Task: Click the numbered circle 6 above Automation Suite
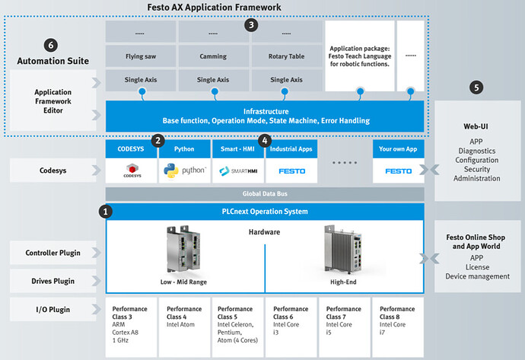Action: [51, 45]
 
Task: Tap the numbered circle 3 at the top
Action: [251, 25]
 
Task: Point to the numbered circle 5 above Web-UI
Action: [476, 88]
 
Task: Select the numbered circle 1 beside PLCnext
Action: [106, 212]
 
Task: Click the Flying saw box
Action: [141, 56]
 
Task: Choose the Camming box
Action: [213, 56]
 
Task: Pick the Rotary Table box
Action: [287, 56]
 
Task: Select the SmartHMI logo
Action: [238, 170]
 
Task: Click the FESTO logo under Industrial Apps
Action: [292, 171]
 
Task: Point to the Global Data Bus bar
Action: [265, 194]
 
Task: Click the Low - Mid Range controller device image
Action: [183, 250]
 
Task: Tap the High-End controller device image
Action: [343, 250]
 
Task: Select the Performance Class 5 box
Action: [237, 327]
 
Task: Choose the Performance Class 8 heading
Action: [397, 313]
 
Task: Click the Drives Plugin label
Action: [53, 281]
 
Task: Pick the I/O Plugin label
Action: [53, 310]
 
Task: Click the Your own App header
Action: [398, 149]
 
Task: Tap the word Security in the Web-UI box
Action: [477, 169]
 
